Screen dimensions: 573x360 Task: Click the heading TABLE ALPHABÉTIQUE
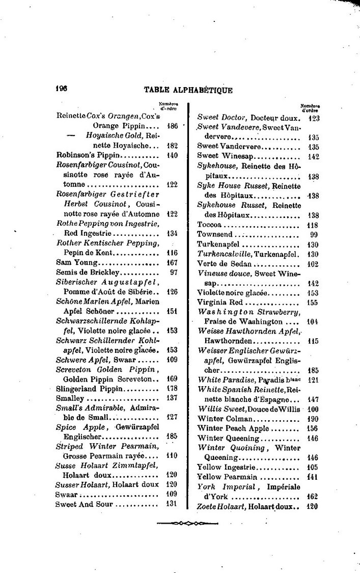[x=188, y=90]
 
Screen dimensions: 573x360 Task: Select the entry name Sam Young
[x=76, y=263]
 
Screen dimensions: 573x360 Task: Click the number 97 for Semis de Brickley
[x=173, y=272]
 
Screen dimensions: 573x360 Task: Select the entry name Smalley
[x=69, y=398]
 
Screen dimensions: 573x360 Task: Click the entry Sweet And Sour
[x=85, y=504]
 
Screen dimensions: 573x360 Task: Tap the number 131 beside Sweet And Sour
[x=172, y=504]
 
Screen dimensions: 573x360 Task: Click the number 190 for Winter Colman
[x=313, y=418]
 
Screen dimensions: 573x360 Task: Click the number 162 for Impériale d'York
[x=313, y=496]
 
